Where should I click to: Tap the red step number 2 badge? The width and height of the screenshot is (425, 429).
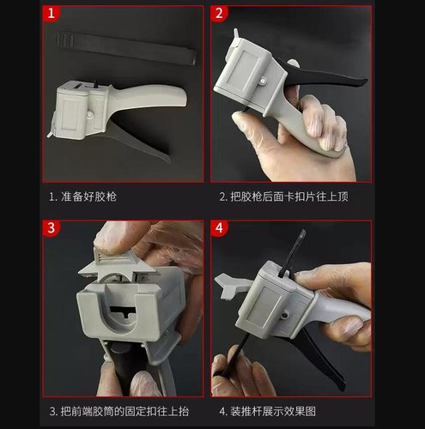click(x=220, y=15)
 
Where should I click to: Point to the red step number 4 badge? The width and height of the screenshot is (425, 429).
click(x=220, y=229)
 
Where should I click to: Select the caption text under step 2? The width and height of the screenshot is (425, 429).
click(x=282, y=196)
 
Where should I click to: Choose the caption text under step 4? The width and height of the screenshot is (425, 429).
click(x=276, y=410)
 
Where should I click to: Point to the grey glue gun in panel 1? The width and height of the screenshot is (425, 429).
click(x=103, y=107)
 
